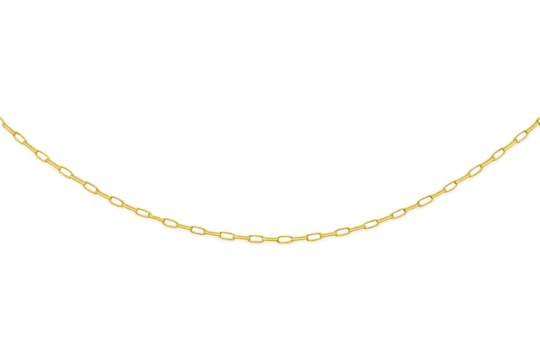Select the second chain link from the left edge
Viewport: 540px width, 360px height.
pos(22,140)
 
